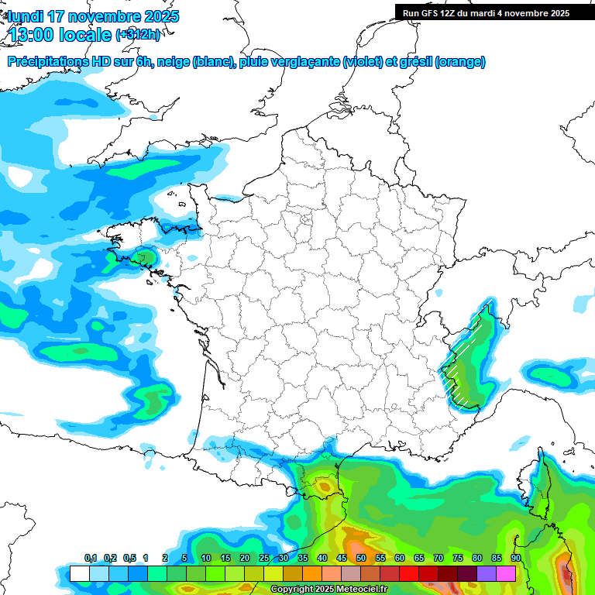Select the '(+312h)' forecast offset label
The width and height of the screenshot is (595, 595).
point(137,35)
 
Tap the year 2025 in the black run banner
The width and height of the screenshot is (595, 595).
point(555,13)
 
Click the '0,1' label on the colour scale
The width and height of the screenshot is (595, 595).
point(91,559)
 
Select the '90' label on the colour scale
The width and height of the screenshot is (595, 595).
point(516,559)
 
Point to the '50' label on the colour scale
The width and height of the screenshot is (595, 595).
point(361,559)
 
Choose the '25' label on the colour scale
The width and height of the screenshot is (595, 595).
point(264,559)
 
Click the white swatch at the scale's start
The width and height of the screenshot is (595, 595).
point(79,573)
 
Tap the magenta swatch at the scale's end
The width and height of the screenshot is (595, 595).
point(506,573)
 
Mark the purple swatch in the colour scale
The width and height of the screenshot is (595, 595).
point(487,573)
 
